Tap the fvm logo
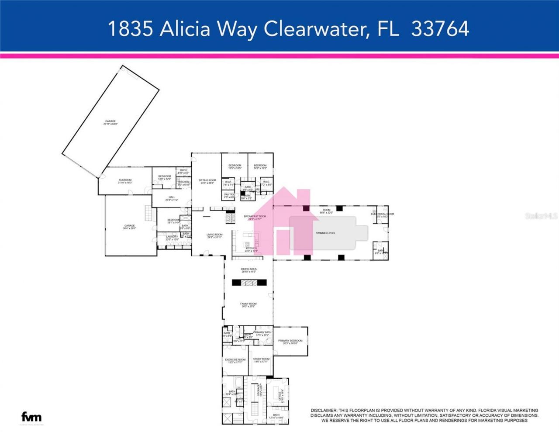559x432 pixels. click(31, 417)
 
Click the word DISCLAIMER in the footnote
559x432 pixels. click(324, 411)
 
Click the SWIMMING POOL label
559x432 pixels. click(325, 233)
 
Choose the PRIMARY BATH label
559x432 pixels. click(262, 333)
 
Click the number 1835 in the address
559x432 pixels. click(130, 29)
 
